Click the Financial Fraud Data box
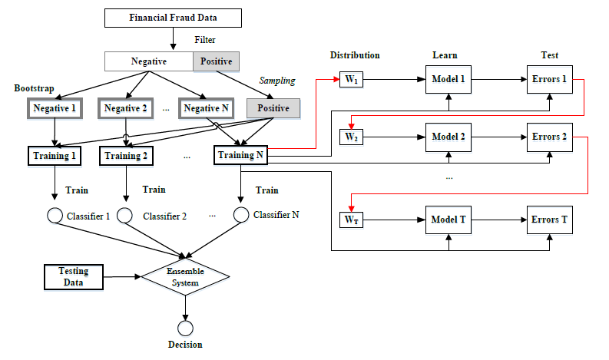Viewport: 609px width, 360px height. coord(173,17)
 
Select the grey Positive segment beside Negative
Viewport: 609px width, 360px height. coord(216,61)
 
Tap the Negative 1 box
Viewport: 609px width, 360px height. coord(55,108)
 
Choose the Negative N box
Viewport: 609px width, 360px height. coord(204,108)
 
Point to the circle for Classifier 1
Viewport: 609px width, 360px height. coord(55,216)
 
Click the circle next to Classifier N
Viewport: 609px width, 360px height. coord(241,215)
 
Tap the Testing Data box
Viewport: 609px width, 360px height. coord(74,276)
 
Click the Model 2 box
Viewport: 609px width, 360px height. coord(448,137)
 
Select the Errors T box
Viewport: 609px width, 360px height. coord(549,220)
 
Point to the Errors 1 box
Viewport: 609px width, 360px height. coord(549,80)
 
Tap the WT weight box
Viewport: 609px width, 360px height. coord(350,220)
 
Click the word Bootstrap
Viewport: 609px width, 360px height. coord(35,89)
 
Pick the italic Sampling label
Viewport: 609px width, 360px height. coord(276,81)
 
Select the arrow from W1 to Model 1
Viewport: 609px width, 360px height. coord(392,80)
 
